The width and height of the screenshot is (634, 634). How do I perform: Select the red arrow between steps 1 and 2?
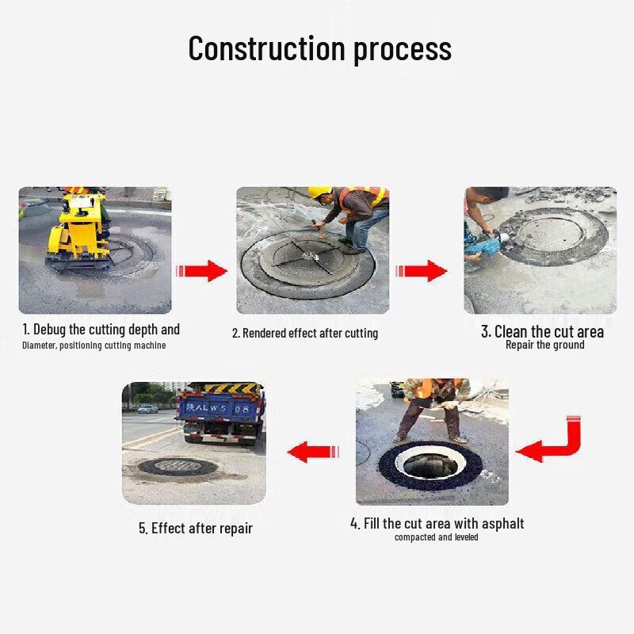(203, 269)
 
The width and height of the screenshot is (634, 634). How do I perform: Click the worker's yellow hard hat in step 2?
(319, 193)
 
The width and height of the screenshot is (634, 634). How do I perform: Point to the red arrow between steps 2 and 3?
(421, 269)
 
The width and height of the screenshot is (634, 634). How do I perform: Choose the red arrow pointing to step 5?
(313, 453)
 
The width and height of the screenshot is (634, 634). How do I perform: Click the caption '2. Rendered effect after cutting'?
(305, 333)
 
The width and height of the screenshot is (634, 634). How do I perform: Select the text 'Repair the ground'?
(544, 345)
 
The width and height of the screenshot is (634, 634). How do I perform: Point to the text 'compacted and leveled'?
(436, 537)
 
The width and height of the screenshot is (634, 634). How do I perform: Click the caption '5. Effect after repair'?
(196, 528)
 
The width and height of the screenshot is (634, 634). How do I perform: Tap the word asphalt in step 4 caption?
(499, 524)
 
